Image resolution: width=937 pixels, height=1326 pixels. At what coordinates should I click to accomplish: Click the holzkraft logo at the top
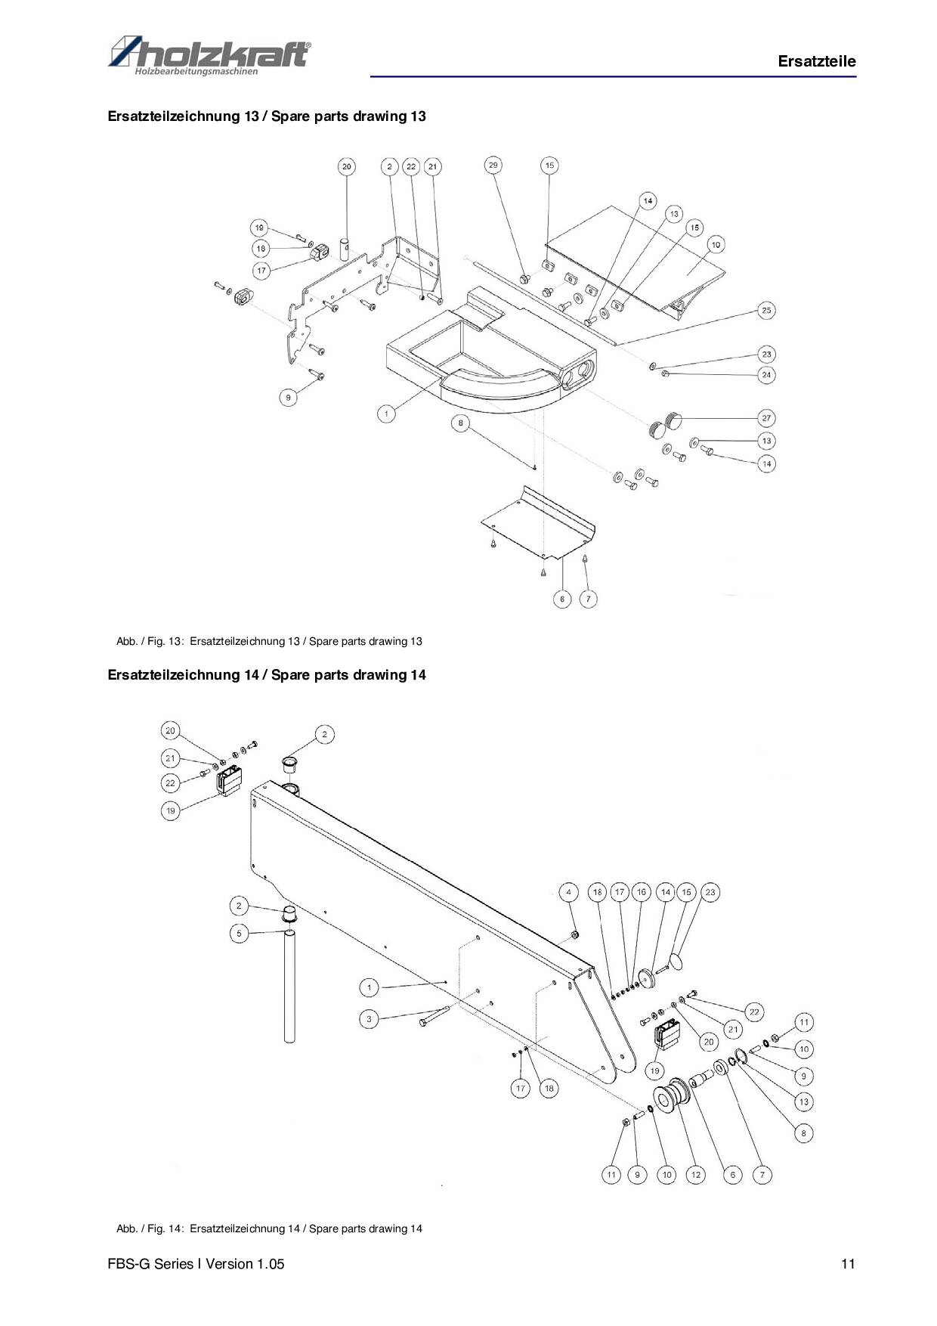point(209,55)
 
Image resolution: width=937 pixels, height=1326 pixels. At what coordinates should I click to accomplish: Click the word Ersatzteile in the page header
point(817,62)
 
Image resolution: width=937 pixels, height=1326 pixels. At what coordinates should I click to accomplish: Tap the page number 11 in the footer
point(848,1264)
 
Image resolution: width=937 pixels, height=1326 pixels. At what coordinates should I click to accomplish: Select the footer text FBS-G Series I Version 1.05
point(196,1264)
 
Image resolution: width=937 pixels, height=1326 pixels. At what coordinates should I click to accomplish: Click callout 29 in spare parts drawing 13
point(493,166)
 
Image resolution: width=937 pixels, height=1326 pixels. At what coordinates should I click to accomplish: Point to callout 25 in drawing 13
point(766,311)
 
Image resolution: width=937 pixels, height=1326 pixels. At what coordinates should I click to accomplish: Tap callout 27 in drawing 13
point(766,418)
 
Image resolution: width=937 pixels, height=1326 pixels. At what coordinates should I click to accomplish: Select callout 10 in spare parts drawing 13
point(715,244)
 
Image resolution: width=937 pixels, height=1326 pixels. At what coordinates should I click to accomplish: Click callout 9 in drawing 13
point(288,397)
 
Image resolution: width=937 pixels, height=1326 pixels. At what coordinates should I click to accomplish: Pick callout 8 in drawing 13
point(461,423)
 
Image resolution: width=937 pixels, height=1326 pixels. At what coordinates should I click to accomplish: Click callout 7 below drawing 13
point(588,599)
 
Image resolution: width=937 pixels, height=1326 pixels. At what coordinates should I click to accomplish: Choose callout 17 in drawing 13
point(261,270)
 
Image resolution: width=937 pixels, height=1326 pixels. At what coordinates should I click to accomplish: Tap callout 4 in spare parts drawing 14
point(569,892)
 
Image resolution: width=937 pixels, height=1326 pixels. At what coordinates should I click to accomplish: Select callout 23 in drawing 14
point(710,892)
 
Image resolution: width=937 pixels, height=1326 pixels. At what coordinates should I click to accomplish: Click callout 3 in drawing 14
point(369,1019)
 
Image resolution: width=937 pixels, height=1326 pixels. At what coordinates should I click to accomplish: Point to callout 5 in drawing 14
point(239,934)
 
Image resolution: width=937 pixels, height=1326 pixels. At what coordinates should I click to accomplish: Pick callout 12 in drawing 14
point(695,1175)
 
